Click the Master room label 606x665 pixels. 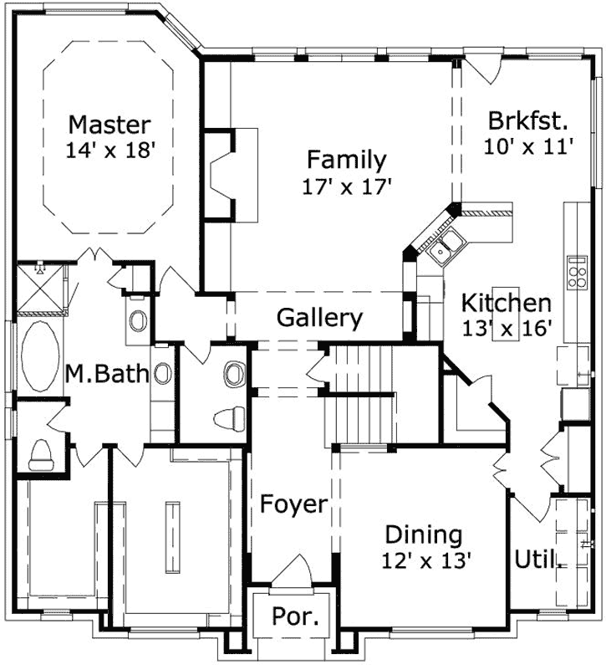pyautogui.click(x=109, y=125)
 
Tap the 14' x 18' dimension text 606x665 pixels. pyautogui.click(x=109, y=151)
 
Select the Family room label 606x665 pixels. pyautogui.click(x=346, y=159)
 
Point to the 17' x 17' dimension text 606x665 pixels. pyautogui.click(x=347, y=186)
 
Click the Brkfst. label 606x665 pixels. pyautogui.click(x=528, y=120)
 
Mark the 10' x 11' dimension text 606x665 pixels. pyautogui.click(x=528, y=146)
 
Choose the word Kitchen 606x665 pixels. pyautogui.click(x=507, y=303)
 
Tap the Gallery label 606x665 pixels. pyautogui.click(x=319, y=318)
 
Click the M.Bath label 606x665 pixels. pyautogui.click(x=107, y=374)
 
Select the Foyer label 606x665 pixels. pyautogui.click(x=293, y=504)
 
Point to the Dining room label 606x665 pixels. pyautogui.click(x=424, y=534)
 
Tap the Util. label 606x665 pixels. pyautogui.click(x=537, y=558)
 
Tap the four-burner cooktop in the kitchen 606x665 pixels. pyautogui.click(x=577, y=272)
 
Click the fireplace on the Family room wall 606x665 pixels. pyautogui.click(x=226, y=174)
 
